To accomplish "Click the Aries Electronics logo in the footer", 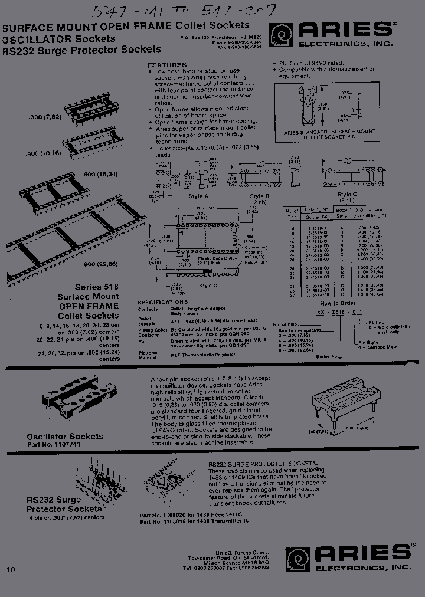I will pyautogui.click(x=348, y=558).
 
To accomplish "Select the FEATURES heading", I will pyautogui.click(x=167, y=65).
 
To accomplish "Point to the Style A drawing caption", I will pyautogui.click(x=198, y=196).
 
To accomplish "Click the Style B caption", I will pyautogui.click(x=259, y=196).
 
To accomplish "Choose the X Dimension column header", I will pyautogui.click(x=369, y=212).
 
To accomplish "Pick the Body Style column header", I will pyautogui.click(x=342, y=212).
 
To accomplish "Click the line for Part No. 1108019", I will pyautogui.click(x=194, y=521).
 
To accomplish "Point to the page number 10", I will pyautogui.click(x=11, y=569).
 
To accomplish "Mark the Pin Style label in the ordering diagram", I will pyautogui.click(x=369, y=342).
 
